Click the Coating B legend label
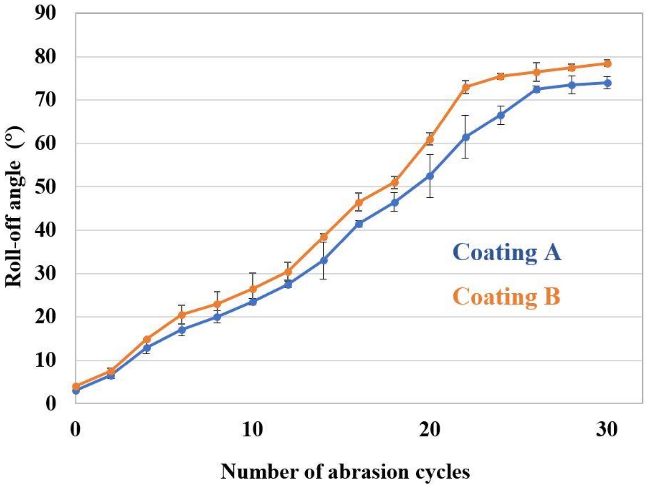click(506, 296)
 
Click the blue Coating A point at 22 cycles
click(466, 137)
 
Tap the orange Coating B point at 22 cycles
click(466, 87)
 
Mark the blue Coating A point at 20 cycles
click(430, 176)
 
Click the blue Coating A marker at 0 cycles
click(76, 391)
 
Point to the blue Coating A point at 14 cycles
click(324, 260)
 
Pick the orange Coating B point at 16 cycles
click(359, 202)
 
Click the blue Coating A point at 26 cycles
click(536, 89)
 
